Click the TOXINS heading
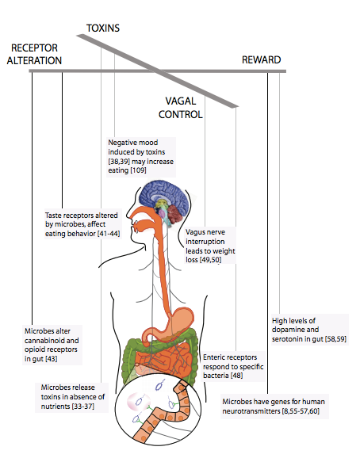pos(103,28)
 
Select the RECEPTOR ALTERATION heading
pos(34,54)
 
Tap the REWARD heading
pos(261,59)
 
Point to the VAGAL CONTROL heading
pos(181,108)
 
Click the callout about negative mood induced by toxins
pos(141,156)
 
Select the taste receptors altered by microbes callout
pos(82,224)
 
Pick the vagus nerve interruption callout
pos(210,246)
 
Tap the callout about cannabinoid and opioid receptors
pos(52,345)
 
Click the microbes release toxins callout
pos(71,397)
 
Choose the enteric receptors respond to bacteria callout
pos(232,366)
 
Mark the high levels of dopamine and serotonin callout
pos(309,330)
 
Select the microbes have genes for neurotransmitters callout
pos(274,407)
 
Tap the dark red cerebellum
pos(176,215)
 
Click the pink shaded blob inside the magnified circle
pos(138,402)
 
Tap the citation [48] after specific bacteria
pos(237,376)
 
